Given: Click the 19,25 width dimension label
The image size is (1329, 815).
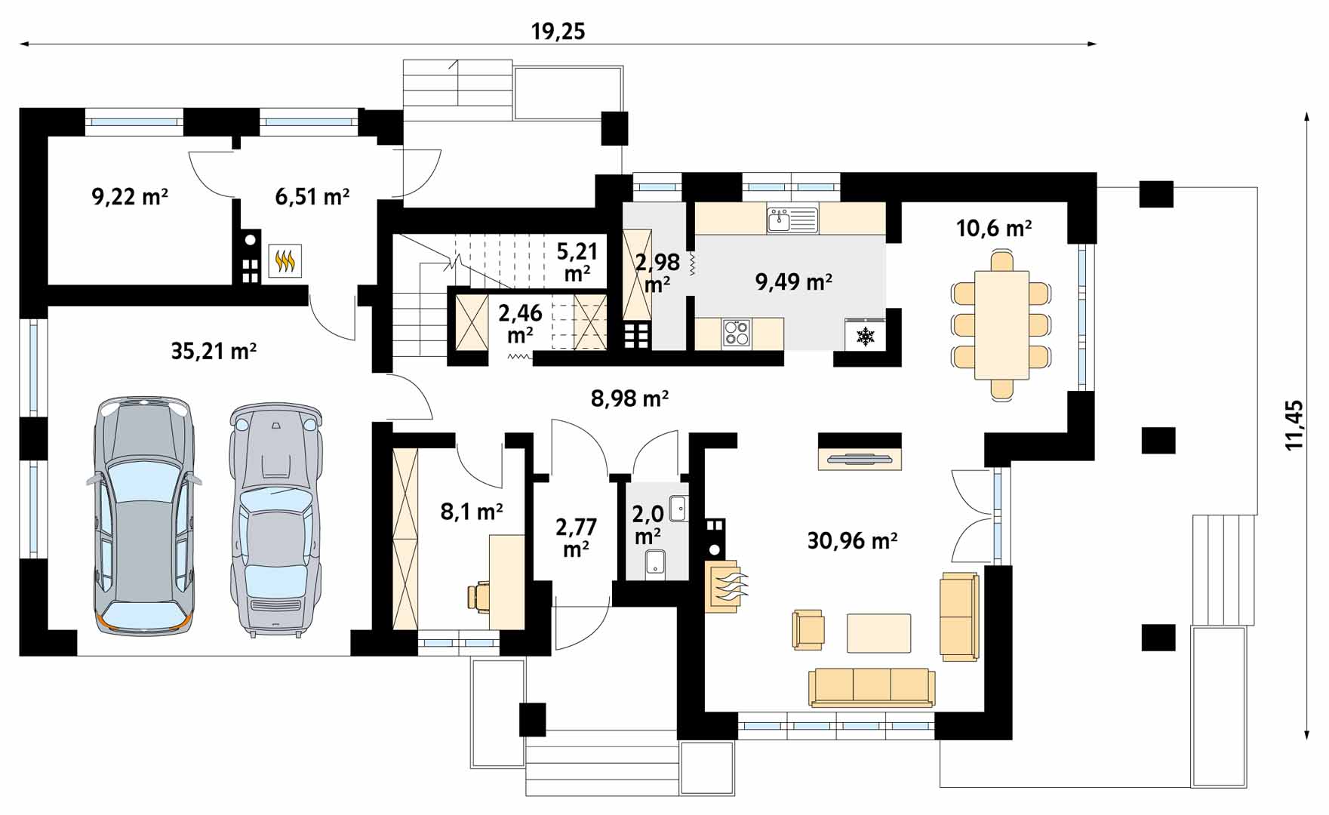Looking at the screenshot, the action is (x=558, y=31).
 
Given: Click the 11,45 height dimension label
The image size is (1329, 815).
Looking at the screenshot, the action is (x=1294, y=425).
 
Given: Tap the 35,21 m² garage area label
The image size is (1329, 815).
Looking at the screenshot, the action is (x=214, y=351).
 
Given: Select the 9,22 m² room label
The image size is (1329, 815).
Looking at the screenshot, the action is (x=129, y=197).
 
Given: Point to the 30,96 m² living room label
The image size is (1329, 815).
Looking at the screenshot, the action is (x=852, y=540).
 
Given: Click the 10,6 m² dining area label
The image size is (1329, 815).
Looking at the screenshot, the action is (x=994, y=227).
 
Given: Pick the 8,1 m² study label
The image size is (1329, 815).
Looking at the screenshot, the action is (x=472, y=512).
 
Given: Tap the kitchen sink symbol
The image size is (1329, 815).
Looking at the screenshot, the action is (x=792, y=220).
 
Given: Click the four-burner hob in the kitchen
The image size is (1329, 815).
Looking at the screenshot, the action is (x=737, y=333).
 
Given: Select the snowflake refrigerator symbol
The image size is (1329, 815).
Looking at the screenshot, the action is (x=865, y=336).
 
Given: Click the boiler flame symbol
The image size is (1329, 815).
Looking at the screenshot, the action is (x=285, y=261).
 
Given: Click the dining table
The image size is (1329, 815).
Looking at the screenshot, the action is (x=1002, y=325).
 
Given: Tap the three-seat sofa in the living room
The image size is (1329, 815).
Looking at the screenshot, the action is (x=872, y=687).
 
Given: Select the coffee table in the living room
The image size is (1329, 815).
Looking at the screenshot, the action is (x=878, y=633).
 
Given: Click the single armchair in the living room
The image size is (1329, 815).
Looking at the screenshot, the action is (x=808, y=629).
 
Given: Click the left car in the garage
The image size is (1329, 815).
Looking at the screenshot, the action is (x=143, y=515).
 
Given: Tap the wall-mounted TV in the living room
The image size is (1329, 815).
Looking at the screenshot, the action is (x=860, y=458).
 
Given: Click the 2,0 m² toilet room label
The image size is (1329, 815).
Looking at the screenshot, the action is (x=648, y=524).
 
